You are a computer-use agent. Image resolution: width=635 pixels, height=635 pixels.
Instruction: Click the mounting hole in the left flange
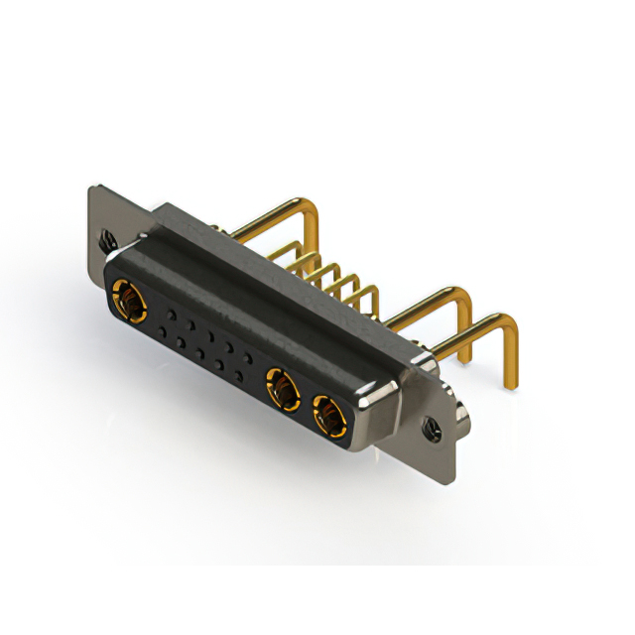pos(106,238)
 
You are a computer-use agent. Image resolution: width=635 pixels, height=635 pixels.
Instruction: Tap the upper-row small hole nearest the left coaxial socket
pos(172,315)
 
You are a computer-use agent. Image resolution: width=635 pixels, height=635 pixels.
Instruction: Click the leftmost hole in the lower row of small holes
pos(161,331)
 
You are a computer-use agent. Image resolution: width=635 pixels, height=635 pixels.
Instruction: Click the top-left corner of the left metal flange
pos(91,188)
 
